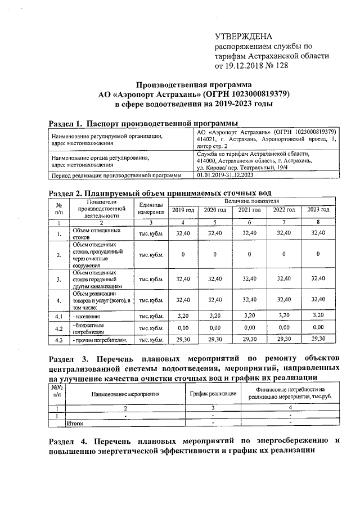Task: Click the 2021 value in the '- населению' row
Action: [x=249, y=316]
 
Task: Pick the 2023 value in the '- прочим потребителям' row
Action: [x=318, y=339]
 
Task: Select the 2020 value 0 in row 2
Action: [x=215, y=254]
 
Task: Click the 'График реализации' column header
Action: [x=213, y=393]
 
